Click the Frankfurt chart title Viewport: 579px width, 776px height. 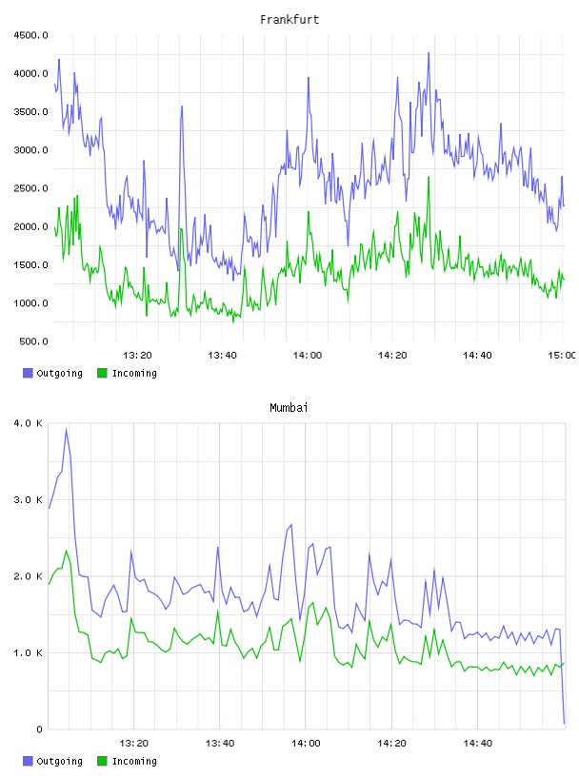point(289,19)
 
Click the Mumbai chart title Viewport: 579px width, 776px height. point(289,407)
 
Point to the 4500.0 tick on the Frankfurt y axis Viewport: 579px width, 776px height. point(30,35)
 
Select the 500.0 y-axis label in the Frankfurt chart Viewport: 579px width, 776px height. point(33,341)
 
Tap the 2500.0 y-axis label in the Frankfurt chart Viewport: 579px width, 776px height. point(30,188)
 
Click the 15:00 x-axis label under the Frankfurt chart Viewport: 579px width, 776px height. point(561,355)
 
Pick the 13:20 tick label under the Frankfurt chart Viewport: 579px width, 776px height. point(137,355)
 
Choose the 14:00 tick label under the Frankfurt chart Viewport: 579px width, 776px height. point(308,355)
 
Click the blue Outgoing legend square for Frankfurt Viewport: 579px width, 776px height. point(28,373)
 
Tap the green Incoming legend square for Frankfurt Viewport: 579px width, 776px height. point(102,373)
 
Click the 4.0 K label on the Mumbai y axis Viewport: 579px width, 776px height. point(29,423)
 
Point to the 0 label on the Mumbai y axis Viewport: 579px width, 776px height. point(39,729)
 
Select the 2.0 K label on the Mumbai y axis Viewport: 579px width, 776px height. point(29,576)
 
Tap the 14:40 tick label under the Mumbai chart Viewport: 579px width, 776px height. point(477,743)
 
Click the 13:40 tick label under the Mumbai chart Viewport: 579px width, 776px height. point(220,743)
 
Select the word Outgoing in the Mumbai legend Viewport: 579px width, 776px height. point(59,761)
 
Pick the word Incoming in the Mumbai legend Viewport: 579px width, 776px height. point(134,761)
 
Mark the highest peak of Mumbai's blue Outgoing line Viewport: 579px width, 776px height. point(66,429)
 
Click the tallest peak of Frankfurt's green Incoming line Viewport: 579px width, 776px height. point(429,177)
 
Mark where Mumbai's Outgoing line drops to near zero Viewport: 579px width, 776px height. point(564,723)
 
